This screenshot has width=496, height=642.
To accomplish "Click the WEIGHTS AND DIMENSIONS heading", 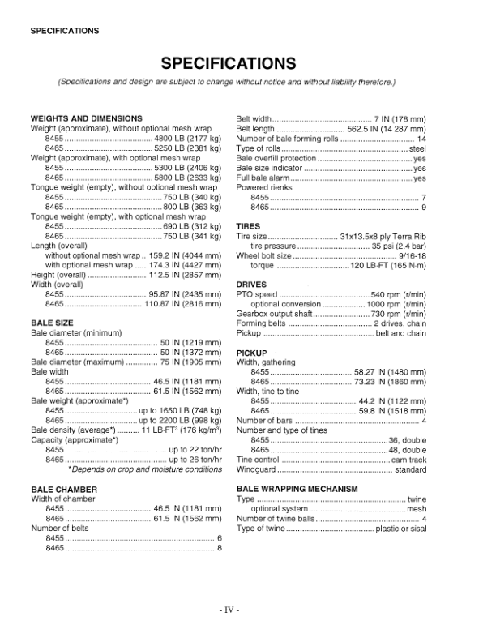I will pyautogui.click(x=86, y=118).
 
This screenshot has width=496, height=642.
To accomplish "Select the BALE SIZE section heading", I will pyautogui.click(x=53, y=323).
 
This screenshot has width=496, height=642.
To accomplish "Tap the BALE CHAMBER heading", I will pyautogui.click(x=64, y=490).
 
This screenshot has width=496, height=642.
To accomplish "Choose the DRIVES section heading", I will pyautogui.click(x=250, y=285).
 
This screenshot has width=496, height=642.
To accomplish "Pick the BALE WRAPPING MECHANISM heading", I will pyautogui.click(x=297, y=490).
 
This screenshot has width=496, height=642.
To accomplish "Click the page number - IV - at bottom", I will pyautogui.click(x=228, y=609).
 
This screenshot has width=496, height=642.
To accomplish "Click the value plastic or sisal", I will pyautogui.click(x=400, y=529).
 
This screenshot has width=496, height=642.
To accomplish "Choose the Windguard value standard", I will pyautogui.click(x=410, y=469).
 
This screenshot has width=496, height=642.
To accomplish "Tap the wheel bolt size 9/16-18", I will pyautogui.click(x=413, y=255).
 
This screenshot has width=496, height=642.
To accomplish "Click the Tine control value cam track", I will pyautogui.click(x=408, y=460).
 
